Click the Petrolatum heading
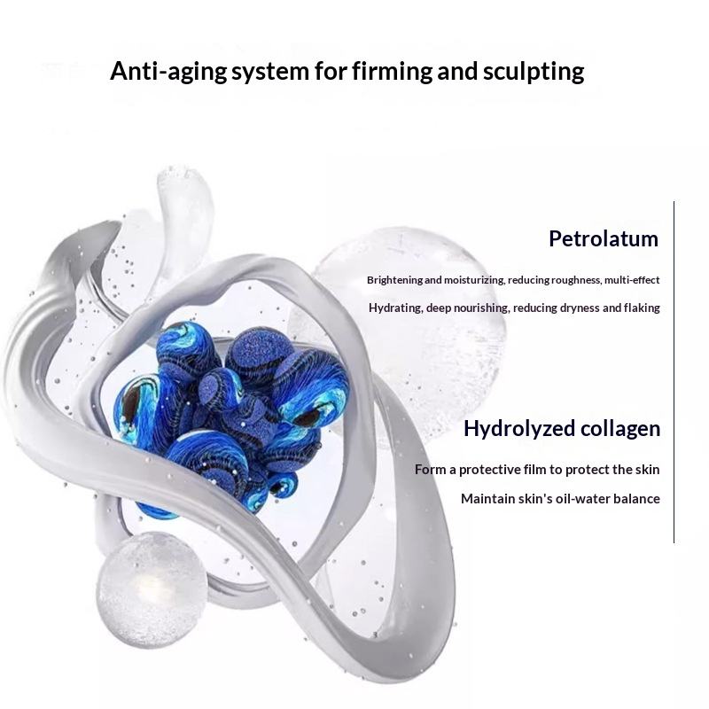coord(604,238)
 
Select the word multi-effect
coord(632,280)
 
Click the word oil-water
coord(579,499)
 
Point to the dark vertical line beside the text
coord(674,372)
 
